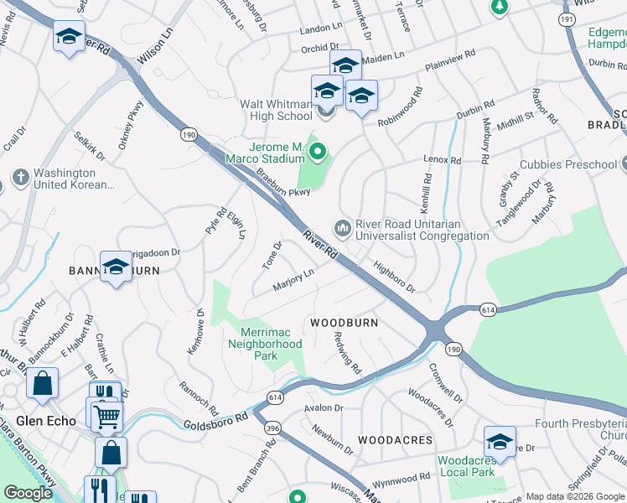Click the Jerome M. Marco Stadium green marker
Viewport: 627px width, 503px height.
coord(317,152)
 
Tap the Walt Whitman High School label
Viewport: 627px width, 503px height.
coord(276,111)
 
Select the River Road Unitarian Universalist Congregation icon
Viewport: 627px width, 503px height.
coord(342,227)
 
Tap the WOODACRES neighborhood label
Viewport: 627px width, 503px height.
coord(395,439)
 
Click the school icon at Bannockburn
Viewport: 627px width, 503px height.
coord(116,266)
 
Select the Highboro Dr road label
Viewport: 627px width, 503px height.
coord(394,276)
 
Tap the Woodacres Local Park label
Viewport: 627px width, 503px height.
coord(467,467)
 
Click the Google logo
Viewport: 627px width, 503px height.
coord(28,493)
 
